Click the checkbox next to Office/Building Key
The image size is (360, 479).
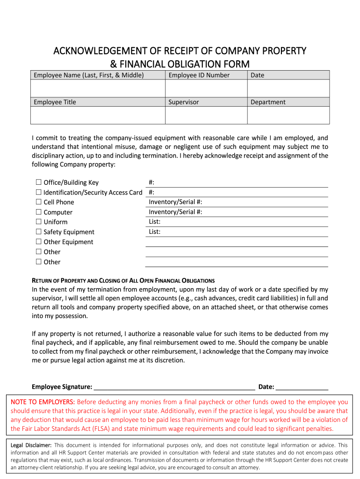(x=38, y=182)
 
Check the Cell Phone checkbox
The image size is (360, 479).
(x=38, y=202)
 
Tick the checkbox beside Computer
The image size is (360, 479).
(x=38, y=212)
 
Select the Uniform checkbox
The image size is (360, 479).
(x=38, y=222)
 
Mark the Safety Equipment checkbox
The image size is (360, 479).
(x=38, y=232)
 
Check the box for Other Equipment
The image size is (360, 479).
(x=38, y=242)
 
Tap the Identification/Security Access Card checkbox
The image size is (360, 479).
(x=38, y=192)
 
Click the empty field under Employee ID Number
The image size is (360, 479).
(x=206, y=88)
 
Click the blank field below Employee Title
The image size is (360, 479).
(x=98, y=115)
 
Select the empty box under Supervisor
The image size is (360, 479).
(x=206, y=115)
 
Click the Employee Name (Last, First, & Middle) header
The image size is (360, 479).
(x=88, y=75)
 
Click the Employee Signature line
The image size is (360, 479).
(x=174, y=386)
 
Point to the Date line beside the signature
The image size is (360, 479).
(x=302, y=386)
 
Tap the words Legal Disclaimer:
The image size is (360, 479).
(x=31, y=445)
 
